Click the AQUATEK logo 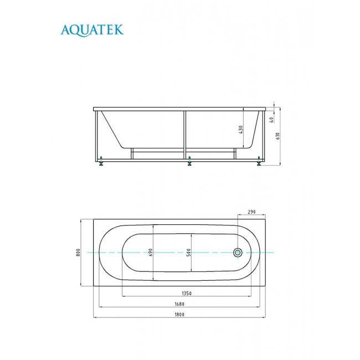[x=92, y=30]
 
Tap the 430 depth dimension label [x=240, y=130]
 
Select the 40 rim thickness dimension [x=271, y=120]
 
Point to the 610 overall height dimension [x=278, y=136]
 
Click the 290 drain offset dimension [x=251, y=212]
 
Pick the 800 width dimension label [x=78, y=253]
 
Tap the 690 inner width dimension [x=151, y=253]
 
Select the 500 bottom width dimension [x=188, y=253]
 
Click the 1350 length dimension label [x=187, y=294]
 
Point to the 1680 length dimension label [x=179, y=304]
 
